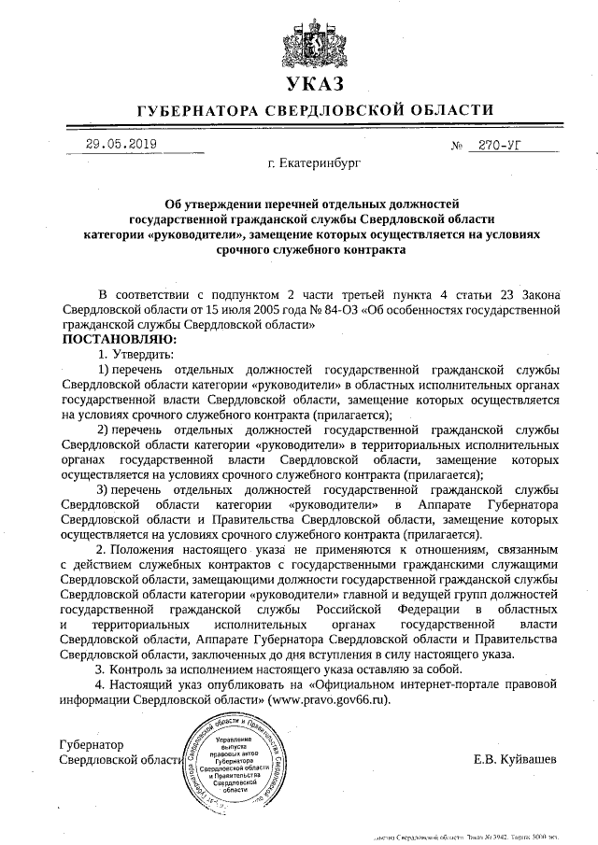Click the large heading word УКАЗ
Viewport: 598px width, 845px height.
300,86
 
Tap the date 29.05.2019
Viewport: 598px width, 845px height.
121,144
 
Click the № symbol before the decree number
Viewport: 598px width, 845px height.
457,146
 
